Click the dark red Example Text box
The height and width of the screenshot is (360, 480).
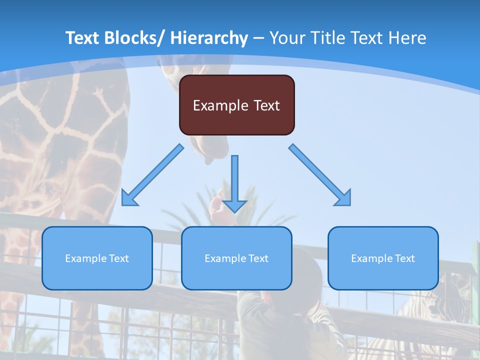click(x=236, y=105)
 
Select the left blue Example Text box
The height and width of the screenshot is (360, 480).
click(x=97, y=258)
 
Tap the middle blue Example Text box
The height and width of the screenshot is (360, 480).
click(x=236, y=258)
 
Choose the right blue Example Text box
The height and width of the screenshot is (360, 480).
click(x=383, y=258)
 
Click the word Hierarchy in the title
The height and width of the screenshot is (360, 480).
click(x=209, y=38)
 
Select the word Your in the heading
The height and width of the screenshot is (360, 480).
click(x=287, y=38)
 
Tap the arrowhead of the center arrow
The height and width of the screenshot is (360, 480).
click(x=234, y=206)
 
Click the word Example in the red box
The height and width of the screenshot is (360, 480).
click(x=220, y=105)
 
